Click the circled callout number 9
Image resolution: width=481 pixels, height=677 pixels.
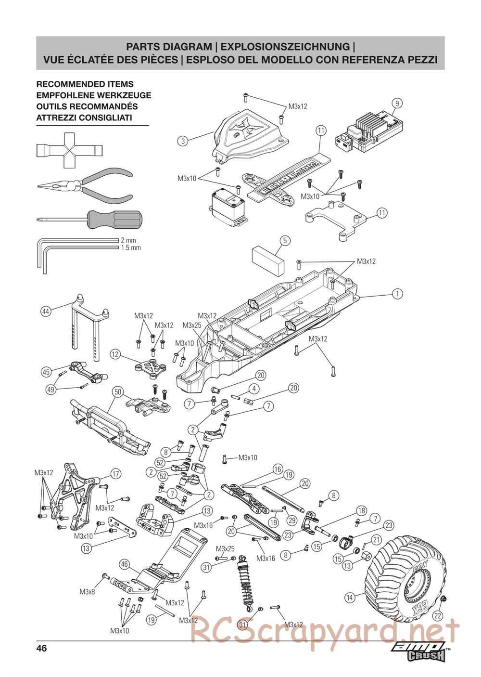397,104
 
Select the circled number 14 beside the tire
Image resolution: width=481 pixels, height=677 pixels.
350,598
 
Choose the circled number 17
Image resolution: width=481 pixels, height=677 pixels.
115,474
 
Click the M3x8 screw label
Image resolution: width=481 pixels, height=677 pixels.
87,592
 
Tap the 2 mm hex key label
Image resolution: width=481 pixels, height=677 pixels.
128,240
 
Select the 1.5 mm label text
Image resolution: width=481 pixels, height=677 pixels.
131,248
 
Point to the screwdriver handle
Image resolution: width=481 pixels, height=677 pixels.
115,219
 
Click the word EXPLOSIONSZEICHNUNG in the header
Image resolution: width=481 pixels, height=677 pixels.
285,47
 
